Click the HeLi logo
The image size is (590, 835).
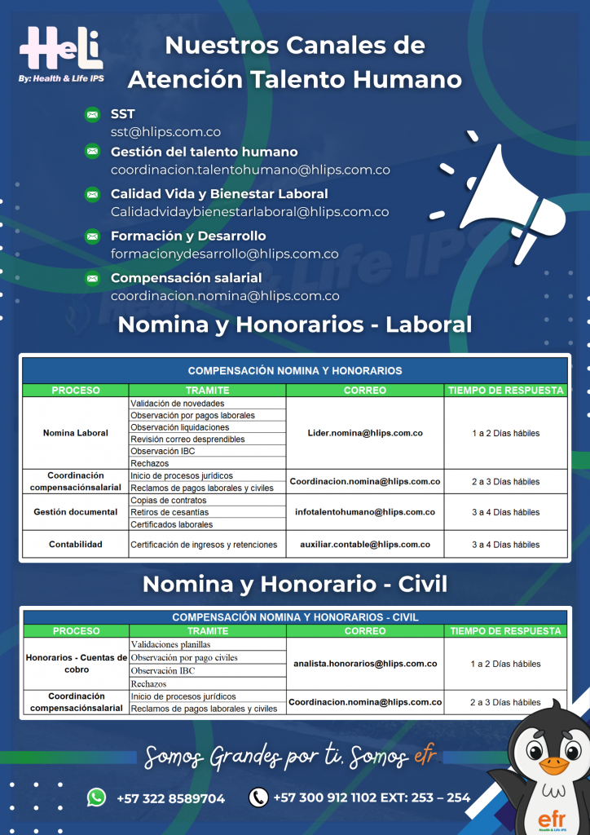[61, 51]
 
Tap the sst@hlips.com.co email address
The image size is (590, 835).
[165, 131]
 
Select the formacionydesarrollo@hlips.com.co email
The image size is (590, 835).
[224, 254]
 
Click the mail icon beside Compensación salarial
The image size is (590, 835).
[93, 279]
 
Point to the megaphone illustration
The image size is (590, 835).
[505, 196]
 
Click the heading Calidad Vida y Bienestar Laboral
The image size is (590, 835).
[219, 194]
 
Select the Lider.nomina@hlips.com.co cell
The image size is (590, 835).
[365, 433]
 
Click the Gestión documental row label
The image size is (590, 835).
[75, 512]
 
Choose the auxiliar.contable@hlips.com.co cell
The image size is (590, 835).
[365, 544]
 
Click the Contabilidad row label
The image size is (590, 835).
[75, 544]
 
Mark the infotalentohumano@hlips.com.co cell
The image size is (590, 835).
[365, 512]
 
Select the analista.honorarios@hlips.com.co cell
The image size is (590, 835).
[365, 664]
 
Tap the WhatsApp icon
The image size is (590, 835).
[96, 797]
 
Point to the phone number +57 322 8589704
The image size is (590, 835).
[170, 797]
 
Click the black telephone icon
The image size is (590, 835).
[258, 797]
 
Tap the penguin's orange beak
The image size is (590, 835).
[554, 765]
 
